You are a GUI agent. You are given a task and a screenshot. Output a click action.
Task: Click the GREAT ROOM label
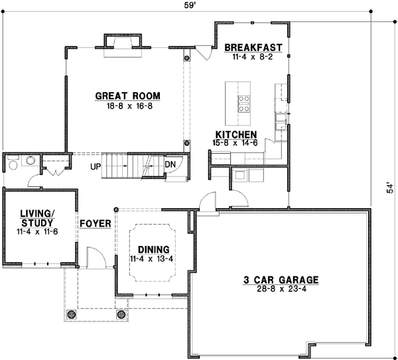(x=127, y=95)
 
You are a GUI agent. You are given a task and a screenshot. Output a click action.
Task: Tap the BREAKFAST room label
(x=253, y=48)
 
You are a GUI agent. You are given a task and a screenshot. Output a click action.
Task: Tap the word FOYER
(x=95, y=223)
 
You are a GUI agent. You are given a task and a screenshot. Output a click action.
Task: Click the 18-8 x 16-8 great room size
(x=127, y=105)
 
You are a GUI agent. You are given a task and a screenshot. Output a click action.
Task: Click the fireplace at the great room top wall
(x=123, y=42)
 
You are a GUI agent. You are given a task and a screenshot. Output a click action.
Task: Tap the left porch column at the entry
(x=70, y=314)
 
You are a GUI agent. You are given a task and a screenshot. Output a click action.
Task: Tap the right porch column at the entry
(x=121, y=314)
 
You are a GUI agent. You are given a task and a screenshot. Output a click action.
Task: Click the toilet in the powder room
(x=29, y=160)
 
